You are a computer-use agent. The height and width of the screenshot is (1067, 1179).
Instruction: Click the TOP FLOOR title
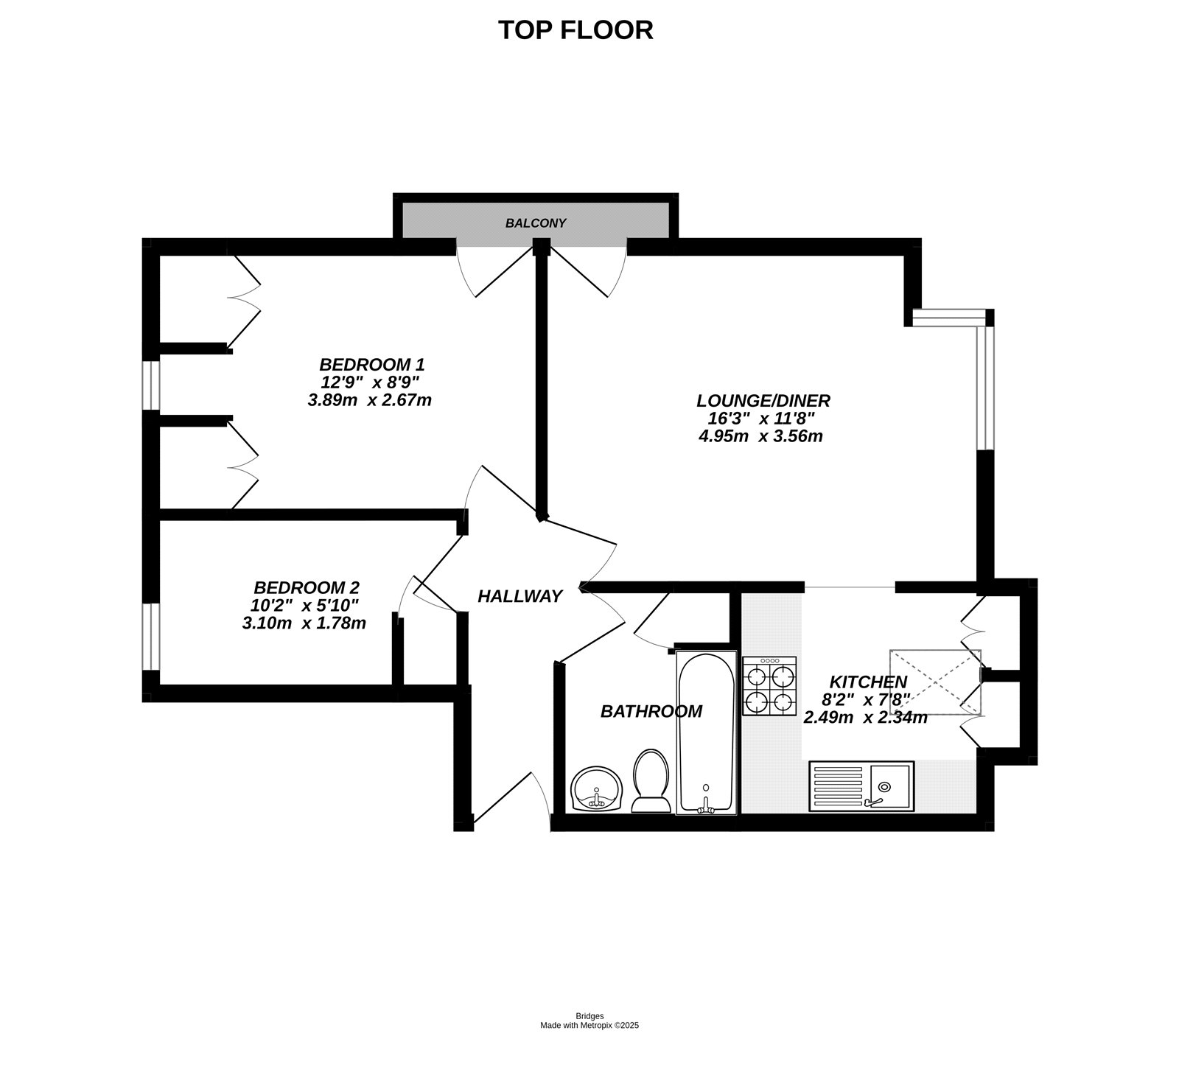coord(575,30)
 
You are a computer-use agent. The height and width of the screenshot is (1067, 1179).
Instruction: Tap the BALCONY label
coord(536,223)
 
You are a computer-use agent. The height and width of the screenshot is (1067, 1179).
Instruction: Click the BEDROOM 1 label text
coord(371,364)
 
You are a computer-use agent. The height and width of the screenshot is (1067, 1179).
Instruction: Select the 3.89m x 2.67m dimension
coord(369,400)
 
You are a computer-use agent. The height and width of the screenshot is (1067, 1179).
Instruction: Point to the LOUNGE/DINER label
coord(763,401)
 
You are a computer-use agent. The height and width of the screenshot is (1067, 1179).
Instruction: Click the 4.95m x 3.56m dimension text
coord(760,435)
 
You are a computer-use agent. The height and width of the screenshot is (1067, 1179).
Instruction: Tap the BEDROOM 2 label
coord(307,588)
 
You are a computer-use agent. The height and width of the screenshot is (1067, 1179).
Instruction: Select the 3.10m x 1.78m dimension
coord(304,623)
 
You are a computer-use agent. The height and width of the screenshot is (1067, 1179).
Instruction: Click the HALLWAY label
coord(520,596)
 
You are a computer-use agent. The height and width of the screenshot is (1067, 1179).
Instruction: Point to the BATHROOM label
coord(651,712)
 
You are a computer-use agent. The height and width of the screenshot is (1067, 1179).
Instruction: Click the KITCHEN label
coord(868,682)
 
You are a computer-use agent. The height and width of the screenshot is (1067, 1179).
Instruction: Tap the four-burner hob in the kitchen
coord(769,686)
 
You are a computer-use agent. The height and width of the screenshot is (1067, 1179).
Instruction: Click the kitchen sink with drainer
coord(861,786)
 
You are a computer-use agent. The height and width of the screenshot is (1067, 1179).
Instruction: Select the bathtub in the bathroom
coord(706,733)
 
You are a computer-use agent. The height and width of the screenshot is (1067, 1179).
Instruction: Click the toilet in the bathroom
coord(651,781)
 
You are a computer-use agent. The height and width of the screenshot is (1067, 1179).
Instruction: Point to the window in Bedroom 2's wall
coord(150,637)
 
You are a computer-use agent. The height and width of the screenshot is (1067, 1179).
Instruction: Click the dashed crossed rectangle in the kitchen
coord(935,682)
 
